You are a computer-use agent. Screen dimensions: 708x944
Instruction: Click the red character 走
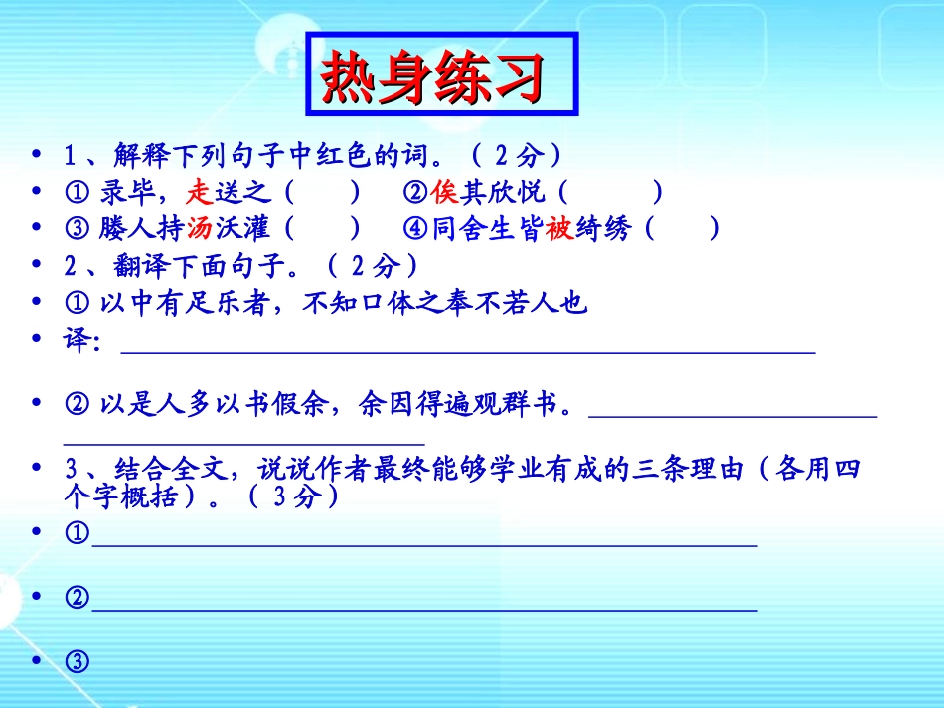click(x=200, y=191)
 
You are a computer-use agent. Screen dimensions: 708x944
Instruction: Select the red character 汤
click(x=200, y=229)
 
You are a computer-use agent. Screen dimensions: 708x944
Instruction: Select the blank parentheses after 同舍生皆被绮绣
click(x=683, y=229)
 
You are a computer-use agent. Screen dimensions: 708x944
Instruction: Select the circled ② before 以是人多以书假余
click(x=77, y=404)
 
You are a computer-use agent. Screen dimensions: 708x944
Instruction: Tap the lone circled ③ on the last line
click(x=77, y=660)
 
